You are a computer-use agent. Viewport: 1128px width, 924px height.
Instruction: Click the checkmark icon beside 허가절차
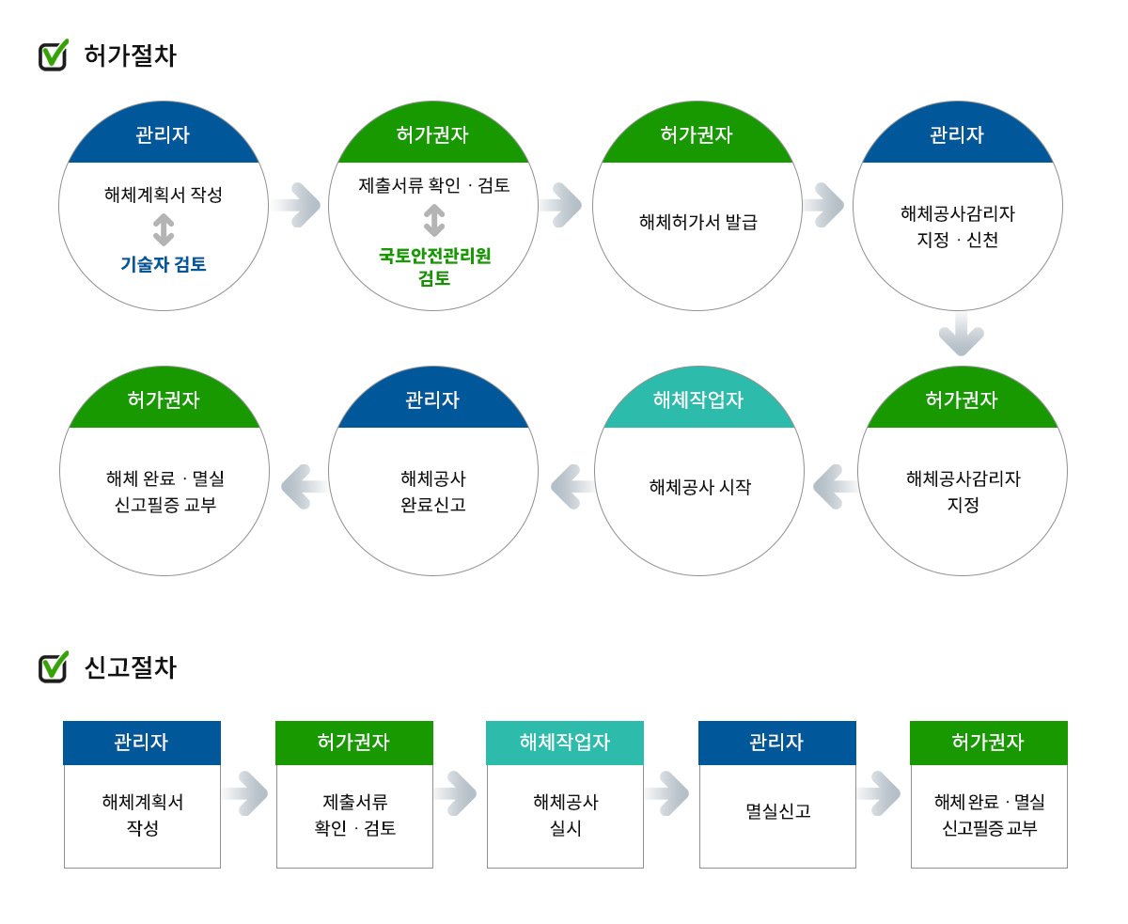(53, 55)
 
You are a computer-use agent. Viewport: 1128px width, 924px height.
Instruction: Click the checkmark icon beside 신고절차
(53, 666)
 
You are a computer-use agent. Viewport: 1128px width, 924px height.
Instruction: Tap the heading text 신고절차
(130, 667)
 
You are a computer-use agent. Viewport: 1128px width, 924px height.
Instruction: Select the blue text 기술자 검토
(164, 264)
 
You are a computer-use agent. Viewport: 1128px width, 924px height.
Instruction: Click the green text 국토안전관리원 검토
(434, 267)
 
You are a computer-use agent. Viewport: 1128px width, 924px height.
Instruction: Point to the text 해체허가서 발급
(697, 222)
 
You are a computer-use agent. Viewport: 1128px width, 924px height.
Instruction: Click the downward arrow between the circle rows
(961, 336)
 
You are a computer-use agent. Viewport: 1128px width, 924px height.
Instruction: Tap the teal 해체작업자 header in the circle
(698, 400)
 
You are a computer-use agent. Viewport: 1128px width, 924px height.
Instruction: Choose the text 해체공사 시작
(699, 487)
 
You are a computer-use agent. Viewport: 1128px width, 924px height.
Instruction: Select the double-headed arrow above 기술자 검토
(164, 230)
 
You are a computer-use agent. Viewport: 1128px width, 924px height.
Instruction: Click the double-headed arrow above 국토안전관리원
(434, 221)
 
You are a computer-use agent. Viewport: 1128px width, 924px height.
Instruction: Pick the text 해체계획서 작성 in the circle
(164, 195)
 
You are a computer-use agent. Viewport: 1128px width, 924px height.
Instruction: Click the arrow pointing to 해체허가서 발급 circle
(561, 205)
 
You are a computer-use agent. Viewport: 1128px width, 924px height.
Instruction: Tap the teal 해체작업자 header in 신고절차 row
(565, 743)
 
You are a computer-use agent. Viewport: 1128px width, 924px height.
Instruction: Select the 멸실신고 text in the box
(777, 811)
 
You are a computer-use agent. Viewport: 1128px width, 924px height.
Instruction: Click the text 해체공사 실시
(565, 815)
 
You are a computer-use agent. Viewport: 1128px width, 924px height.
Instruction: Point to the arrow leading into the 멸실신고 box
(667, 793)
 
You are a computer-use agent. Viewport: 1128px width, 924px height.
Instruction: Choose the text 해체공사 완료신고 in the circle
(433, 492)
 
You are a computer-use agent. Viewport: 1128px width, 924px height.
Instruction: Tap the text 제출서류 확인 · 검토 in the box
(354, 815)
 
